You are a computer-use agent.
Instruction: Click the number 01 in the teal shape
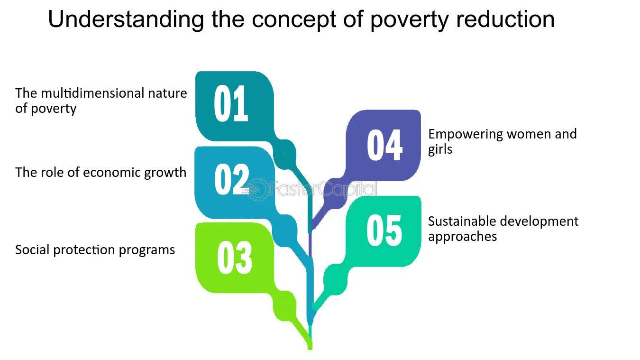pyautogui.click(x=231, y=104)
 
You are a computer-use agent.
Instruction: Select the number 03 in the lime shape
pyautogui.click(x=235, y=258)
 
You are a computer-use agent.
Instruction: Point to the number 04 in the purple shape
pyautogui.click(x=384, y=145)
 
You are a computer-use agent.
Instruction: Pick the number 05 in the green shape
pyautogui.click(x=384, y=231)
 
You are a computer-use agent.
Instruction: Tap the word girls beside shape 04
pyautogui.click(x=440, y=149)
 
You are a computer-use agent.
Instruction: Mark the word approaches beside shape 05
pyautogui.click(x=462, y=237)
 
